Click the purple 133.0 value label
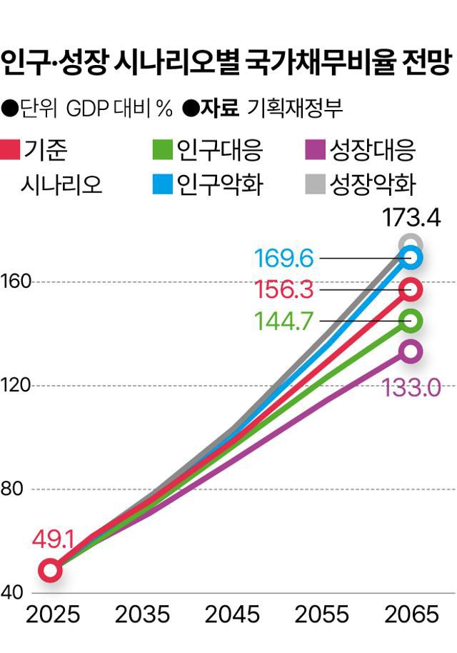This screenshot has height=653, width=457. point(412,387)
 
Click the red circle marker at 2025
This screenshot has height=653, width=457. point(49,570)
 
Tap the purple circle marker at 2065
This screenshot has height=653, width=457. point(411,351)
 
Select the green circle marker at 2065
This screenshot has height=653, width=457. point(411,321)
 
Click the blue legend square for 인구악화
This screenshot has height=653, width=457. point(163,184)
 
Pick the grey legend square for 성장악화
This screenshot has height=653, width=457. point(314,184)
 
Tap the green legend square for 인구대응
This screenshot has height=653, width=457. point(163,150)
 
